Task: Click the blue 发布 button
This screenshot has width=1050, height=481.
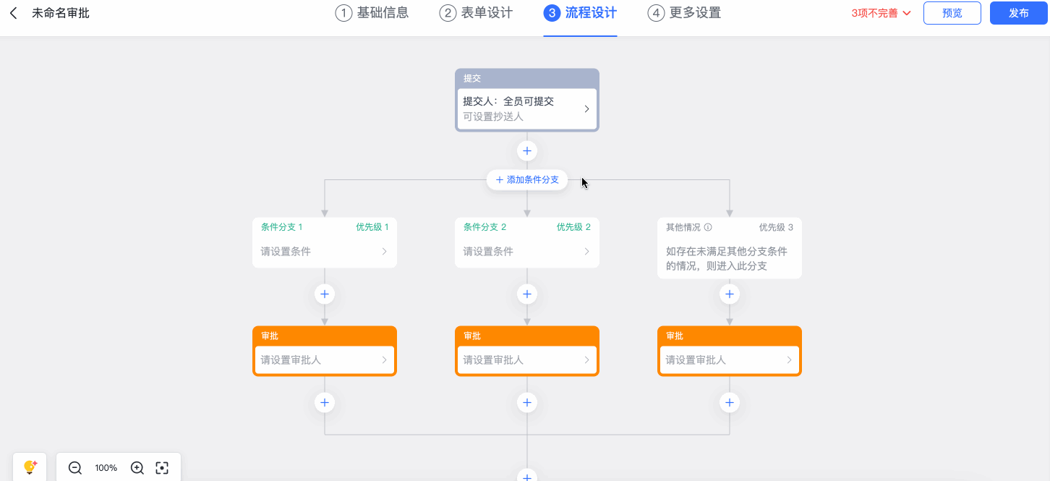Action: point(1018,13)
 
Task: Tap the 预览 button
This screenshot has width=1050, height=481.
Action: point(952,13)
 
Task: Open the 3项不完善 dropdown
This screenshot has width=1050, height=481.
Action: point(881,13)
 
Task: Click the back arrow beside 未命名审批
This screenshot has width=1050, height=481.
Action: point(14,13)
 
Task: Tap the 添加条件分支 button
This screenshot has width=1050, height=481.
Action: point(527,179)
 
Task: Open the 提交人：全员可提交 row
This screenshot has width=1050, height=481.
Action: point(527,108)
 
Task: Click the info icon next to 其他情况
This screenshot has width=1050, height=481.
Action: point(708,227)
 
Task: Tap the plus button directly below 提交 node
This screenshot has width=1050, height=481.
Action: point(527,151)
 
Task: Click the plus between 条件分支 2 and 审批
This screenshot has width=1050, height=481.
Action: point(527,294)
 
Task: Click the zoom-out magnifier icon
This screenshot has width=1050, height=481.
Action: point(75,468)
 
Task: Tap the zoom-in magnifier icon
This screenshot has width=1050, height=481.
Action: point(137,468)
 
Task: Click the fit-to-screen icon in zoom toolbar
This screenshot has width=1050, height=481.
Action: point(162,468)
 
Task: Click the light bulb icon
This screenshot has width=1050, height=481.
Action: point(30,467)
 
